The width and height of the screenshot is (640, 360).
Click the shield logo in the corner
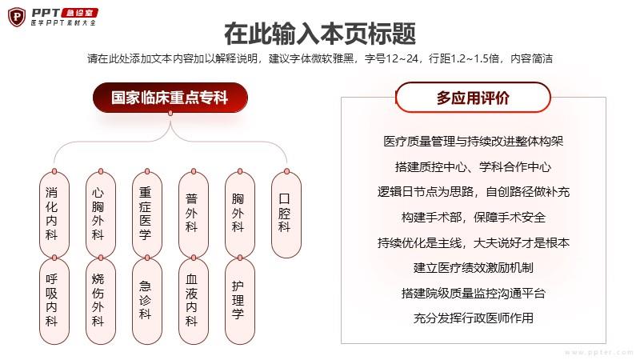(x=17, y=17)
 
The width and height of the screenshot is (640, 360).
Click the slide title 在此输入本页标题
(x=320, y=34)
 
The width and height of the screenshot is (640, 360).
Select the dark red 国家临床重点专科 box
(x=170, y=98)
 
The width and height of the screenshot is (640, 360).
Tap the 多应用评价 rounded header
(x=473, y=98)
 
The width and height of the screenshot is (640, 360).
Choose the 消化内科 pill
(x=54, y=214)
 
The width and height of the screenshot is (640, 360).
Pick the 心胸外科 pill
(x=101, y=214)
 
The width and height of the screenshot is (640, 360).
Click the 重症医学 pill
(x=147, y=214)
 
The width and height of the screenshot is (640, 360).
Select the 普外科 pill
(x=194, y=214)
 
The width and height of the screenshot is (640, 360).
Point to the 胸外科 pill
(x=240, y=214)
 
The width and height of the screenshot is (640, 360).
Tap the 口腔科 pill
(x=286, y=214)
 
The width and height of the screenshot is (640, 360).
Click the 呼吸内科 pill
(x=54, y=302)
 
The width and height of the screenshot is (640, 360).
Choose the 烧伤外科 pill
(x=101, y=302)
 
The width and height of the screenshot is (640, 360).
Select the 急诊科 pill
(x=147, y=302)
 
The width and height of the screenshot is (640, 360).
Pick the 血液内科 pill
(x=194, y=302)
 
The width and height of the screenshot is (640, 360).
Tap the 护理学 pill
(x=240, y=302)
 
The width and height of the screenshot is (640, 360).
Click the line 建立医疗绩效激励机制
(x=474, y=268)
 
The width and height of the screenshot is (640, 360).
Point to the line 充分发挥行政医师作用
(x=474, y=318)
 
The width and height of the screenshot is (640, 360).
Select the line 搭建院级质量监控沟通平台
(x=474, y=293)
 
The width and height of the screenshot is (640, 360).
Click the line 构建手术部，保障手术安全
(x=474, y=217)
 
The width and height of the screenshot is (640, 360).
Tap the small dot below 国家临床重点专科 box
(x=170, y=113)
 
